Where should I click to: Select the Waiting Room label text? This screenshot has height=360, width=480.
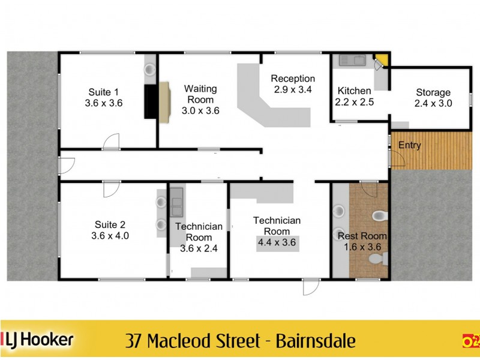tap(200, 94)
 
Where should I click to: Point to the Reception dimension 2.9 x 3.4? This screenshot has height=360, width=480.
tap(293, 89)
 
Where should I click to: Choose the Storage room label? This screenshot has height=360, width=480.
tap(433, 92)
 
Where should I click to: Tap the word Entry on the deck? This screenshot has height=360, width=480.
tap(410, 145)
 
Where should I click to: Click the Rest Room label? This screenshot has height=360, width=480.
tap(362, 236)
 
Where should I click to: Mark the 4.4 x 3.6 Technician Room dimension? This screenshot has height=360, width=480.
tap(277, 242)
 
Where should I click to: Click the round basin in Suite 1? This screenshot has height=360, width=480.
tap(150, 70)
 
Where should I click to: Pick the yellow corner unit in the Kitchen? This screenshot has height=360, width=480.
tap(381, 61)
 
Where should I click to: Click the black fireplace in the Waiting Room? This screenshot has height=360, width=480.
tap(150, 102)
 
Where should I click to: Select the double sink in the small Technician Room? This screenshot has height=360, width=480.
tap(176, 202)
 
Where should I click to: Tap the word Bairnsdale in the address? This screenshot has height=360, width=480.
tap(316, 341)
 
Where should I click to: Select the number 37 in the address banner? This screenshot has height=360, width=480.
tap(135, 341)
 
